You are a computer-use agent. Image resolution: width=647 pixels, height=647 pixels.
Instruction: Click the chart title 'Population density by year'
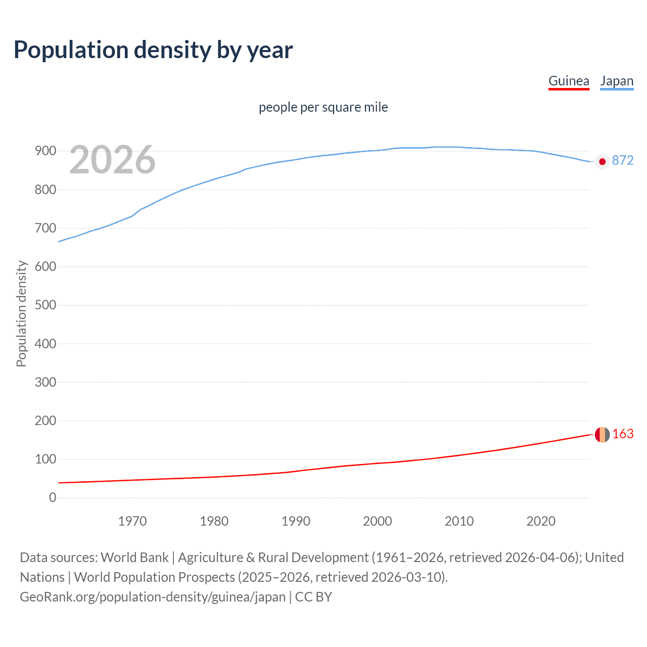(x=153, y=50)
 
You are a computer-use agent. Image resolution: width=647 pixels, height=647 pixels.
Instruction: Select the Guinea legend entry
(x=569, y=81)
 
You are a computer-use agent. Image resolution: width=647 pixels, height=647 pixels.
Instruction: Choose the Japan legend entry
(x=617, y=81)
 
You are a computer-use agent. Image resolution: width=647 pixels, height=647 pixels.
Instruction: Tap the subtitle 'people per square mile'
(x=323, y=108)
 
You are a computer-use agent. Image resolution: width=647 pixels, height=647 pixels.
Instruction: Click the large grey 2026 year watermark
(x=112, y=160)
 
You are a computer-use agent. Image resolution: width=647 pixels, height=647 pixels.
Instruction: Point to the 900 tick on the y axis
(x=45, y=151)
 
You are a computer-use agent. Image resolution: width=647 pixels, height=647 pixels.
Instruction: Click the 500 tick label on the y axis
(x=45, y=305)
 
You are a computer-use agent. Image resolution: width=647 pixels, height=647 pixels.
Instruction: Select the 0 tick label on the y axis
(x=53, y=498)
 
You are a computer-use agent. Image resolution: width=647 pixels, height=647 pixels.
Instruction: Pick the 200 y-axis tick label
(x=45, y=421)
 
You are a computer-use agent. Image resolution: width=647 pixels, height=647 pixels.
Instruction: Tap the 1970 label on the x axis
(x=132, y=521)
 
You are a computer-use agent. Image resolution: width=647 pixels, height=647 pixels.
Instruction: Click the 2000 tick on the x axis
(x=378, y=521)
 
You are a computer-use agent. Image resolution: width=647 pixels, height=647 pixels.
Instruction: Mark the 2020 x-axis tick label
(x=541, y=521)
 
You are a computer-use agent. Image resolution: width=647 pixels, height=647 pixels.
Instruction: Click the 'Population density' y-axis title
(x=21, y=313)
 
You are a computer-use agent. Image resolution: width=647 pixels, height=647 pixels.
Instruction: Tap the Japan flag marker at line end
(x=602, y=162)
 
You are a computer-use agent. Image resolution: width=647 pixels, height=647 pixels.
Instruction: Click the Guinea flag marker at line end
(x=602, y=434)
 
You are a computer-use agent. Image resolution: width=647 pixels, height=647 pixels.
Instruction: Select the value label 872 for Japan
(x=623, y=161)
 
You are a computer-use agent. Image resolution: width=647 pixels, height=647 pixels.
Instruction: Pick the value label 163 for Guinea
(x=623, y=434)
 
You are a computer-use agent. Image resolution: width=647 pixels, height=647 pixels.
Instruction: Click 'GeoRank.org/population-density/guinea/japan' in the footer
(x=153, y=597)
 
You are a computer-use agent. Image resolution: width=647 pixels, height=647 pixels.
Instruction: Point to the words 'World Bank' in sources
(x=134, y=558)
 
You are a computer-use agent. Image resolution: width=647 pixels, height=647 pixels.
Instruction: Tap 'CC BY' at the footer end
(x=313, y=597)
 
